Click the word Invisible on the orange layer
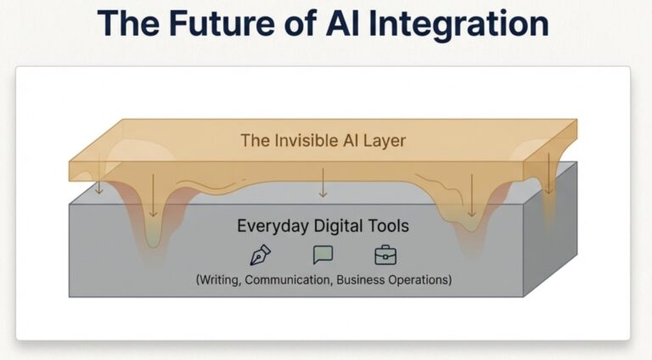tap(309, 141)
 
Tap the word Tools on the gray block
tap(391, 227)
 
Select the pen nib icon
tap(259, 255)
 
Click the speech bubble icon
tap(323, 255)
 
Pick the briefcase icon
tap(385, 255)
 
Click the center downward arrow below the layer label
tap(323, 182)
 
